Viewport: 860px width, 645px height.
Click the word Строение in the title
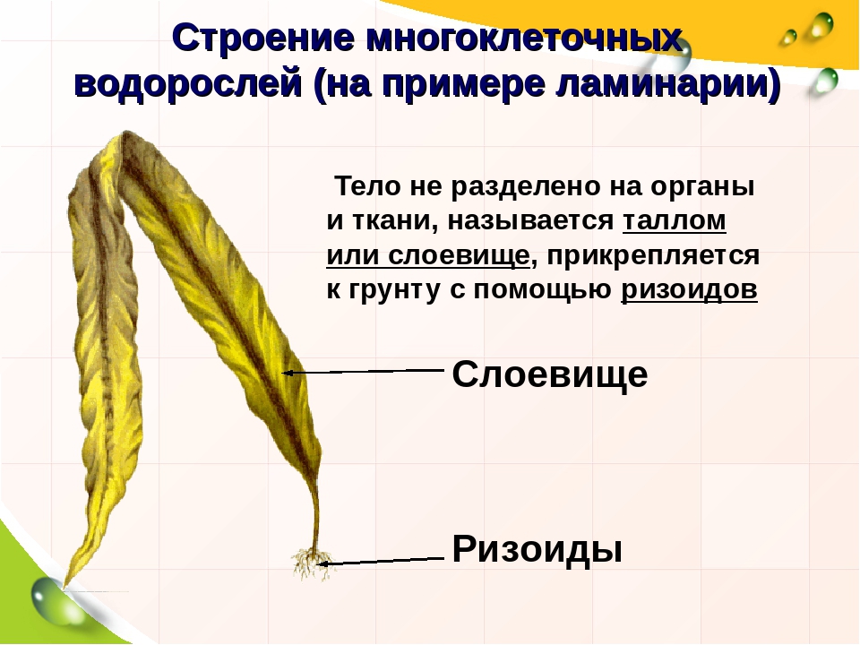coord(263,39)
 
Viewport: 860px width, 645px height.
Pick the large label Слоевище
coord(550,374)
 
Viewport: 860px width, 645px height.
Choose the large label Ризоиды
coord(537,549)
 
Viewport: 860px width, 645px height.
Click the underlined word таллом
coord(674,220)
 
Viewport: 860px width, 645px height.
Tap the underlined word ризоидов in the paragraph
coord(689,289)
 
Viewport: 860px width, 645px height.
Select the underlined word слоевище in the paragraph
coord(459,255)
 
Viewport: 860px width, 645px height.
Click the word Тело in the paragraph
coord(367,186)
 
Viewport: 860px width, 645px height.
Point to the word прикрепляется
coord(653,256)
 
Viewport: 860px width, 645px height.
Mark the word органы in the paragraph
coord(702,187)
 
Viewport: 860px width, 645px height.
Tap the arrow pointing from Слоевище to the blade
coord(363,371)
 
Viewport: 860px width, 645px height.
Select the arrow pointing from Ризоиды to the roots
coord(381,561)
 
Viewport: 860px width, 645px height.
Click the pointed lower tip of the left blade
coord(64,587)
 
